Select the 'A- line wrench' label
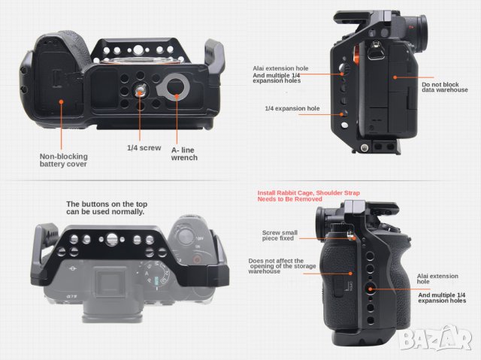point(185,153)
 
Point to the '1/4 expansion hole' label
point(292,108)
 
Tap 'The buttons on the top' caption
point(105,207)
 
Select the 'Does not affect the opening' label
point(276,266)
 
